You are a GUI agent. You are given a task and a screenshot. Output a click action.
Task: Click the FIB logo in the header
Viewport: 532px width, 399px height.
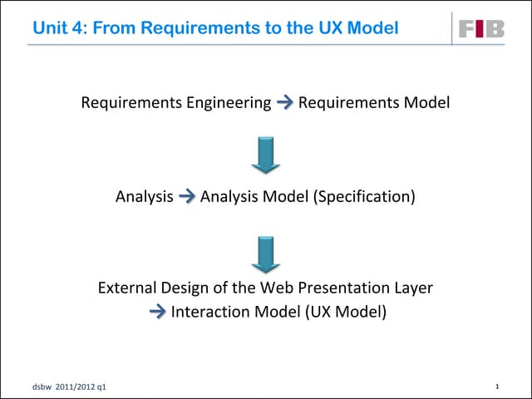click(x=481, y=29)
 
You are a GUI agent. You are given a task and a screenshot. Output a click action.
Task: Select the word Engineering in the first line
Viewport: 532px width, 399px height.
click(x=228, y=103)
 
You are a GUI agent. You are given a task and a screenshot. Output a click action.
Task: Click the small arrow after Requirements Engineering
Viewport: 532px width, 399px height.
click(x=284, y=103)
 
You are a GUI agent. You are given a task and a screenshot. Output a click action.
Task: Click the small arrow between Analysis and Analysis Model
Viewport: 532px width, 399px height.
click(x=187, y=197)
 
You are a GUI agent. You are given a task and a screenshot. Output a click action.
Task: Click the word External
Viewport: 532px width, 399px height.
click(x=126, y=288)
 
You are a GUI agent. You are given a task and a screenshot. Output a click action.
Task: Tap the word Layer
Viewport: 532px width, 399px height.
click(x=413, y=288)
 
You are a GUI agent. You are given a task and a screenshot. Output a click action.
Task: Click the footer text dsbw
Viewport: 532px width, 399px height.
click(x=40, y=387)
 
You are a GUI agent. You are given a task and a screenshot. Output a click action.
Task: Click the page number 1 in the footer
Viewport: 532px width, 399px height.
click(x=496, y=387)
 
